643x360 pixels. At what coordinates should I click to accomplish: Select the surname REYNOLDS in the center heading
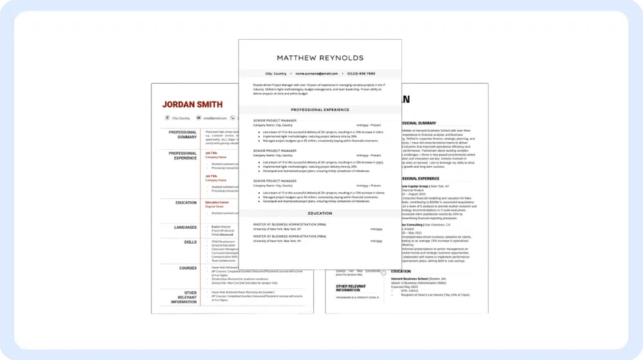click(x=342, y=58)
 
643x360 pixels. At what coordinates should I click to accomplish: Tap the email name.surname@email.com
click(x=316, y=74)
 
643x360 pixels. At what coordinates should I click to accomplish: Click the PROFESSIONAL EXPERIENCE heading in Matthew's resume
click(x=320, y=110)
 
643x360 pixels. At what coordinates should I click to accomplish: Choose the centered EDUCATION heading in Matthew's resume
click(x=320, y=213)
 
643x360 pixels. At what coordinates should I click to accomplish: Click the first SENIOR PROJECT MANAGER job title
click(x=275, y=120)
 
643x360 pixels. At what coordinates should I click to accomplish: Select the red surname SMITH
click(x=210, y=104)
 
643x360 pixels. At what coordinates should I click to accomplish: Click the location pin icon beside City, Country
click(x=167, y=118)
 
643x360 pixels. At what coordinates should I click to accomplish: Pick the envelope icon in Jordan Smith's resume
click(x=199, y=118)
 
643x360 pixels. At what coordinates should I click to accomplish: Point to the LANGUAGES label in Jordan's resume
click(x=185, y=227)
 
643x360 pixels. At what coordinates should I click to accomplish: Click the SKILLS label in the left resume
click(x=190, y=242)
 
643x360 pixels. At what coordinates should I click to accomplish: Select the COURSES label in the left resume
click(x=188, y=268)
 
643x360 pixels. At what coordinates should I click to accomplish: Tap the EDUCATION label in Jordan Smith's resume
click(x=186, y=203)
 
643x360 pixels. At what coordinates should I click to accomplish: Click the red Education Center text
click(x=217, y=203)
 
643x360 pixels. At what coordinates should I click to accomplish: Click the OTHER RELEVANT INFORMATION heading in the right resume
click(x=350, y=288)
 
